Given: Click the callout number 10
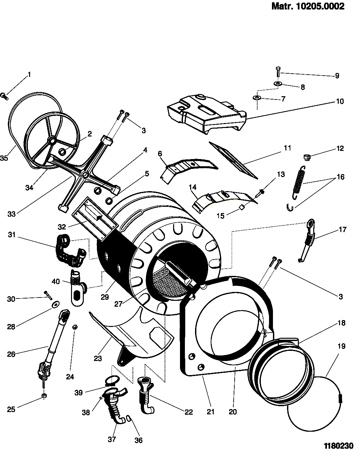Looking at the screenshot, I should (340, 101).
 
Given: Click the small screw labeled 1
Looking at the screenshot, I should (4, 96).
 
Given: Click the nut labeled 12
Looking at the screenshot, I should (307, 158).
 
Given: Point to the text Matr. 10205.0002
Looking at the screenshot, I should (308, 6).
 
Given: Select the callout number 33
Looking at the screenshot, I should (11, 214).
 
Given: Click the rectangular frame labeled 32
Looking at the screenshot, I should (94, 219).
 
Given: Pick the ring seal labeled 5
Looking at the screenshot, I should (109, 201).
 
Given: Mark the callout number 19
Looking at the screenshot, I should (341, 346).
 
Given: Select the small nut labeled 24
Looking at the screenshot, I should (74, 327).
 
